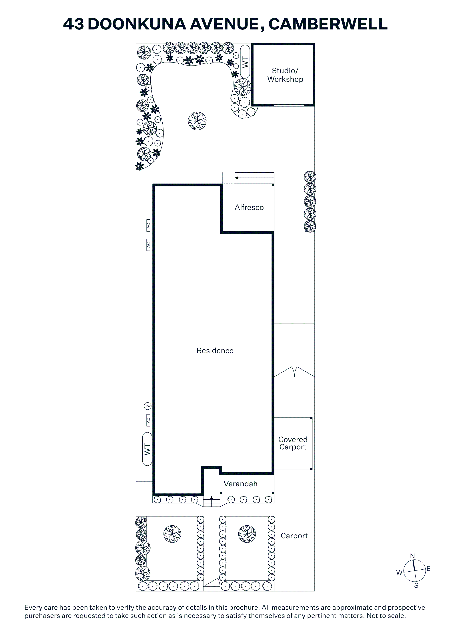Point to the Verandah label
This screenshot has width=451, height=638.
pos(240,484)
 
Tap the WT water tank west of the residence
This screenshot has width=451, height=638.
pos(147,449)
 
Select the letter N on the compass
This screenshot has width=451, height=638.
pos(412,556)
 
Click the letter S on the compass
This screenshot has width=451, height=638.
pos(416,585)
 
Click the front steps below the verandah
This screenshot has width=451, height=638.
pos(211,501)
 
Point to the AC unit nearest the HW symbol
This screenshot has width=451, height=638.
pos(148,420)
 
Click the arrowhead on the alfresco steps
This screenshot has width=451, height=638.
pos(236,178)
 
